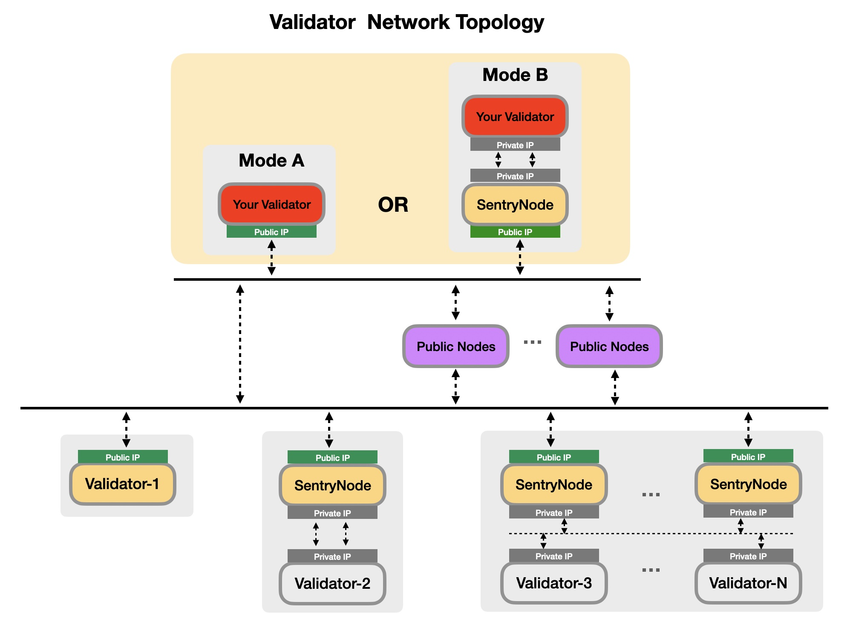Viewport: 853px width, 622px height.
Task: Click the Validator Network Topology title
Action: pos(407,22)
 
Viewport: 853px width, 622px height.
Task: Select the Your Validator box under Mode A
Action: pos(271,204)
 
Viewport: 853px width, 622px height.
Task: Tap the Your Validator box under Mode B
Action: pos(515,117)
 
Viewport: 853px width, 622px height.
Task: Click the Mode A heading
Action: pos(271,161)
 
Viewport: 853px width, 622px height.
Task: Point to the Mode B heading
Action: pos(515,75)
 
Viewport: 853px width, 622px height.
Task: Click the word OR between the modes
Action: pos(393,205)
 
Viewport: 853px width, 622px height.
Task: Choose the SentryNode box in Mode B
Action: pos(515,205)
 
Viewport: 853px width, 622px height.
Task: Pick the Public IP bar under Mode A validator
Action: pos(271,232)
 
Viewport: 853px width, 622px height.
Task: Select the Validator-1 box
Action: pos(122,484)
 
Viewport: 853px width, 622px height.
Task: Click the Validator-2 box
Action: pos(332,583)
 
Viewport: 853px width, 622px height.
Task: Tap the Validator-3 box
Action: pos(554,583)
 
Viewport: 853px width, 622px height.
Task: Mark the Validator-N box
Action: pos(748,583)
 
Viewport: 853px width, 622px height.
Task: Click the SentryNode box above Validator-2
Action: pos(332,485)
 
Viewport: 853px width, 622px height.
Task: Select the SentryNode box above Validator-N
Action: pos(748,484)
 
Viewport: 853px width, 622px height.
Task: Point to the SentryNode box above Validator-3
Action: pos(554,485)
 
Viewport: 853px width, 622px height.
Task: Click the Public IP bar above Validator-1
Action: pos(123,457)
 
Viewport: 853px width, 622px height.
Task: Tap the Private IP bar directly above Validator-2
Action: pos(332,556)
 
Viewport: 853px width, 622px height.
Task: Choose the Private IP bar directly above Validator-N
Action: pos(748,556)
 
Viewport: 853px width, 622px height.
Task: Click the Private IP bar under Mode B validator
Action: pos(515,145)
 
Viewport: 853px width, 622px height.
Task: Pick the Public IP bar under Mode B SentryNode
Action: pos(515,232)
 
